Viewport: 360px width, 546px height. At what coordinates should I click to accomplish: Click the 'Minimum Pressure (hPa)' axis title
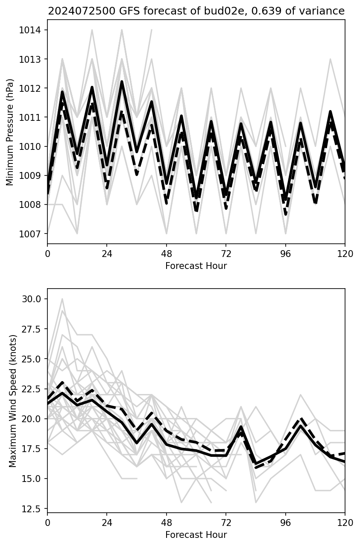click(x=10, y=132)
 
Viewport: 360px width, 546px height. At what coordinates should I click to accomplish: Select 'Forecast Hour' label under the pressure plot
click(x=196, y=266)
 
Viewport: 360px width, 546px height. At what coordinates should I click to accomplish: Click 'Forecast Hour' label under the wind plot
click(x=196, y=535)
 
